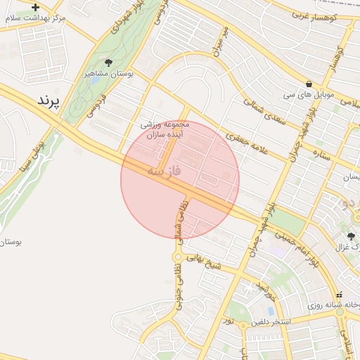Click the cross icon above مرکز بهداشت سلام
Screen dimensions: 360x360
point(36,7)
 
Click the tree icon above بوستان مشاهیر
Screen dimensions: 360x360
point(108,63)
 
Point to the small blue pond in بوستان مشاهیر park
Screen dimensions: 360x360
point(94,79)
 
